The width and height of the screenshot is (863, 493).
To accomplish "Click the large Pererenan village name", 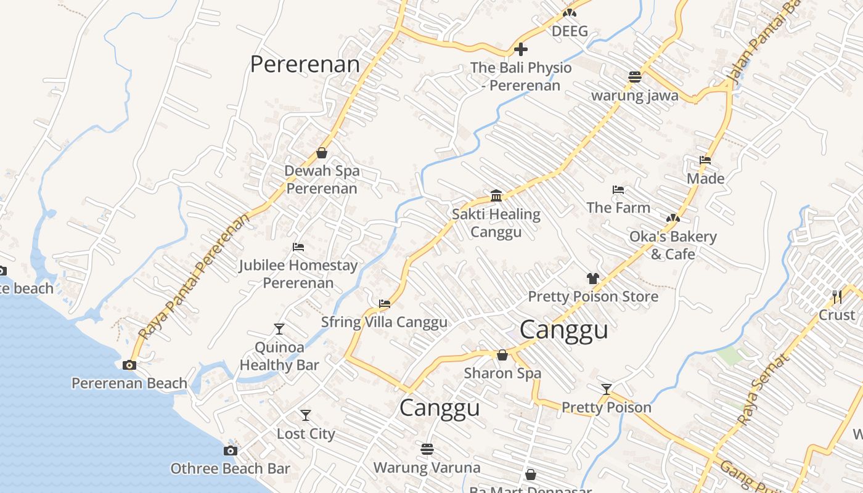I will (305, 64).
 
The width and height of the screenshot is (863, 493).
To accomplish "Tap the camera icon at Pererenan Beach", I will (129, 365).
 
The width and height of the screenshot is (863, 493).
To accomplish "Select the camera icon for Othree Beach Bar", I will (231, 450).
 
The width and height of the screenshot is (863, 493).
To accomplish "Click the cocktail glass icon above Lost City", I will (305, 415).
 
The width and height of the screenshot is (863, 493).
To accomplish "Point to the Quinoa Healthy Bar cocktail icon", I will (279, 328).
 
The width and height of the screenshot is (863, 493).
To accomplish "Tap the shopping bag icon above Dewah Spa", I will (322, 153).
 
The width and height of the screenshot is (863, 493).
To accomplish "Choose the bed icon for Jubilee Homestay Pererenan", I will (298, 247).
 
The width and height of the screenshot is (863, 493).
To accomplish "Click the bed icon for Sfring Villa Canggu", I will (385, 303).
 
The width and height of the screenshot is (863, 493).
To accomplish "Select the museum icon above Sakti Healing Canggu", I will (496, 196).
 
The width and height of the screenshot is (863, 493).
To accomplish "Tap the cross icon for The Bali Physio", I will (521, 49).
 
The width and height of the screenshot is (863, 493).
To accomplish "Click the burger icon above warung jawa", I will (635, 77).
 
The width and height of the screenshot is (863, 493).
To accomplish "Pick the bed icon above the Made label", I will (705, 160).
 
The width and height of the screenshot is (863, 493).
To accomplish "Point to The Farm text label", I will (618, 208).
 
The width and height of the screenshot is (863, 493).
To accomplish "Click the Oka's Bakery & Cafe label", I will (673, 245).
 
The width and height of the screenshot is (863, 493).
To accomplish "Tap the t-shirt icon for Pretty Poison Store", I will (593, 279).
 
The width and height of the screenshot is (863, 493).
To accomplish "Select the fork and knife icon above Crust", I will (836, 296).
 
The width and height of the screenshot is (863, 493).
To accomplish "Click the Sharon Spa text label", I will (502, 373).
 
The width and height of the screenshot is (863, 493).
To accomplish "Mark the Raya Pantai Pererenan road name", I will (194, 277).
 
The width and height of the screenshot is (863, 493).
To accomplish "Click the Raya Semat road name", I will (763, 389).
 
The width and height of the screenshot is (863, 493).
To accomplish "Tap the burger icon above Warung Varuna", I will (427, 449).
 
